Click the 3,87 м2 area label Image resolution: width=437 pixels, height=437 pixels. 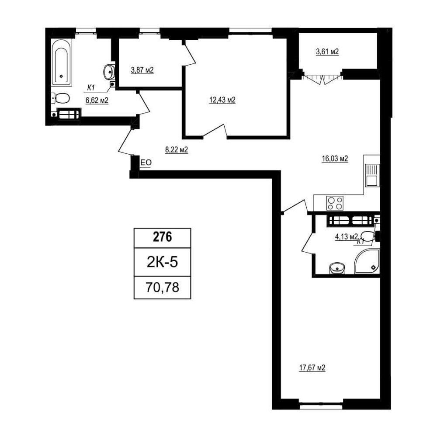coord(142,70)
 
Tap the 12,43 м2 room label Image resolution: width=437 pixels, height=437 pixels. coord(222,100)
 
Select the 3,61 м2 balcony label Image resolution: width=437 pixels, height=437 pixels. coord(327,52)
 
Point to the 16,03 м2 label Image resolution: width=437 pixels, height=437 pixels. coord(335,159)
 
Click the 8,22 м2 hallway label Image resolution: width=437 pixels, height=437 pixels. coord(177,150)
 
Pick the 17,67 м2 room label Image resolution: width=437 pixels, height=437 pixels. coord(312,368)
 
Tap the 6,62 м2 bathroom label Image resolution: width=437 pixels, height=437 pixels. coord(97,101)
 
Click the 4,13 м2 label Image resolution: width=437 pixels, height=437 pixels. coord(346,237)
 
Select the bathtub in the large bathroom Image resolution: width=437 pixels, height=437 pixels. coord(61,62)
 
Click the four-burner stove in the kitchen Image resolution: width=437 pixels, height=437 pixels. coord(335,203)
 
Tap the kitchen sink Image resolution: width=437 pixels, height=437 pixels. coord(372,175)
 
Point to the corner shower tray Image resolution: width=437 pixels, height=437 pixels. coord(367,261)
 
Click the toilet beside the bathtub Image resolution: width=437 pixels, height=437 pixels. coord(60,98)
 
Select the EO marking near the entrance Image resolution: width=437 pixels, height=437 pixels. coord(146,163)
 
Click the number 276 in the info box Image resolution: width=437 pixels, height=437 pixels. coord(163,237)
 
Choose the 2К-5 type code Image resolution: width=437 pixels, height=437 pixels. coord(162,262)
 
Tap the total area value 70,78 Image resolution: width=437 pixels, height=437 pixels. coord(162,287)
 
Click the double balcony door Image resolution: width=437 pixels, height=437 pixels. coord(323,78)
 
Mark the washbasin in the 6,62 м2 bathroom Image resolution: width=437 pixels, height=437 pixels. coord(109,72)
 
